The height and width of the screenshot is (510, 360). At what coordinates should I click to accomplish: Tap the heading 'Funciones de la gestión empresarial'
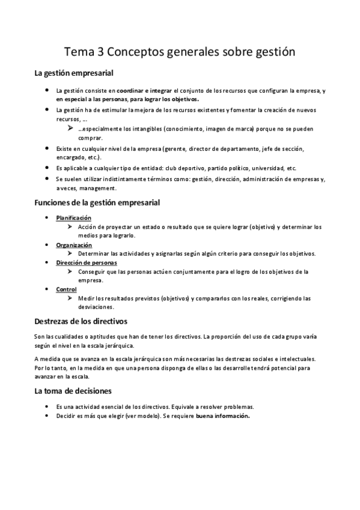click(97, 203)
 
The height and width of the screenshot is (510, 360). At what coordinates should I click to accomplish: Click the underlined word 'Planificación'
click(74, 218)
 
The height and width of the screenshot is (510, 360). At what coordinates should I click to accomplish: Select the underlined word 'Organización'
click(74, 245)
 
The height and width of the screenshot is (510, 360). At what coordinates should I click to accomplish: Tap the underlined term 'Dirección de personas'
click(87, 263)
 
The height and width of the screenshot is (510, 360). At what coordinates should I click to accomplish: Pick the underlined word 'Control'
click(66, 289)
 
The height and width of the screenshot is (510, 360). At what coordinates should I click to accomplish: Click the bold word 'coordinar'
click(130, 90)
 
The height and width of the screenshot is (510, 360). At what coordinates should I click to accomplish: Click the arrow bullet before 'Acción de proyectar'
click(71, 227)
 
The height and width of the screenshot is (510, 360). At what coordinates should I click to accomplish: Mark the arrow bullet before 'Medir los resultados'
click(71, 298)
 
